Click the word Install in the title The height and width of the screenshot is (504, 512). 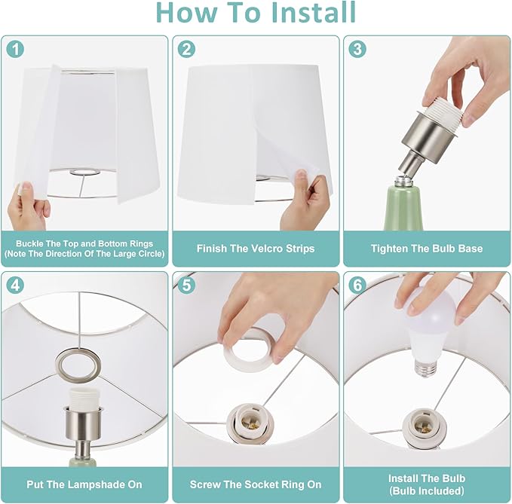(313, 12)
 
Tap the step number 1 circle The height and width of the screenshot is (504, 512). (15, 50)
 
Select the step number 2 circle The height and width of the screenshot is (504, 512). (186, 50)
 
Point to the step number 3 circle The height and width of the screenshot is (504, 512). (357, 49)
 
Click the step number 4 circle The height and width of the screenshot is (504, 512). (15, 285)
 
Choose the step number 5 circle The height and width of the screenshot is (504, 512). (186, 285)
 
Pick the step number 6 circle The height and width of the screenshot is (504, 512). (357, 285)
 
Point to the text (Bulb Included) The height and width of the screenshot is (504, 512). (427, 490)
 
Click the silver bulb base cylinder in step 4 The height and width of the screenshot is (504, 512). (84, 423)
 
